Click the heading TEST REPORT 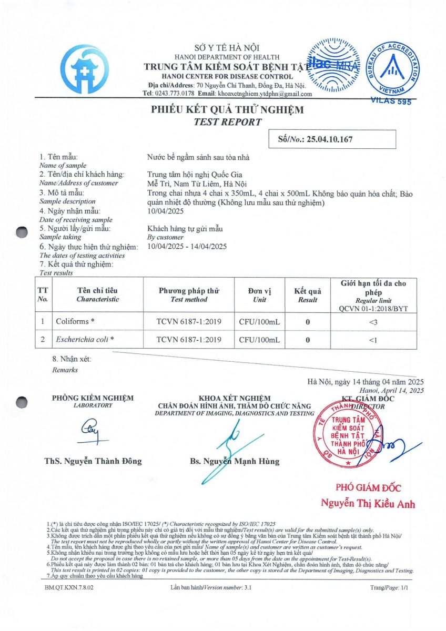227,122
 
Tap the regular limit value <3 373,321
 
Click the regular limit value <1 373,340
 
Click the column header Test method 189,300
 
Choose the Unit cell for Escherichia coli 259,340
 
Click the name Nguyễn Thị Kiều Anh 368,503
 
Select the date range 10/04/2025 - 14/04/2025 187,246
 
